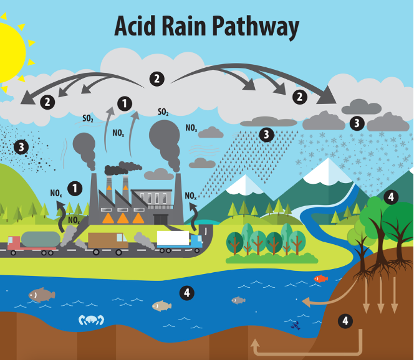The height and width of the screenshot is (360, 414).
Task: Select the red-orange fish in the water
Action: [x=320, y=278]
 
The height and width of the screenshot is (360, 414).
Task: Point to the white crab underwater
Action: [x=91, y=320]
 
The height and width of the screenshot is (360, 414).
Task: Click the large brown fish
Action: [x=41, y=295]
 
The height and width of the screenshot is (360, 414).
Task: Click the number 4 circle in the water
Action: [x=186, y=292]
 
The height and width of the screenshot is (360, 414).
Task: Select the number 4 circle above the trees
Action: [x=391, y=197]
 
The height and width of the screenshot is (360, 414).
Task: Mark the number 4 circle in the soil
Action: [x=345, y=321]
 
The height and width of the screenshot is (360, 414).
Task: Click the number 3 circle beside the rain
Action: [x=266, y=134]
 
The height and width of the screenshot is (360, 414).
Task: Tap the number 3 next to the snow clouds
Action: [x=357, y=123]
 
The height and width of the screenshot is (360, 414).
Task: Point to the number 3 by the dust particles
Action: [x=21, y=147]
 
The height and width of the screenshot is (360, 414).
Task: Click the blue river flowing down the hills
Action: [x=312, y=218]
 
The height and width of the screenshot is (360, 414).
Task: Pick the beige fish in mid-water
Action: [x=161, y=305]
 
